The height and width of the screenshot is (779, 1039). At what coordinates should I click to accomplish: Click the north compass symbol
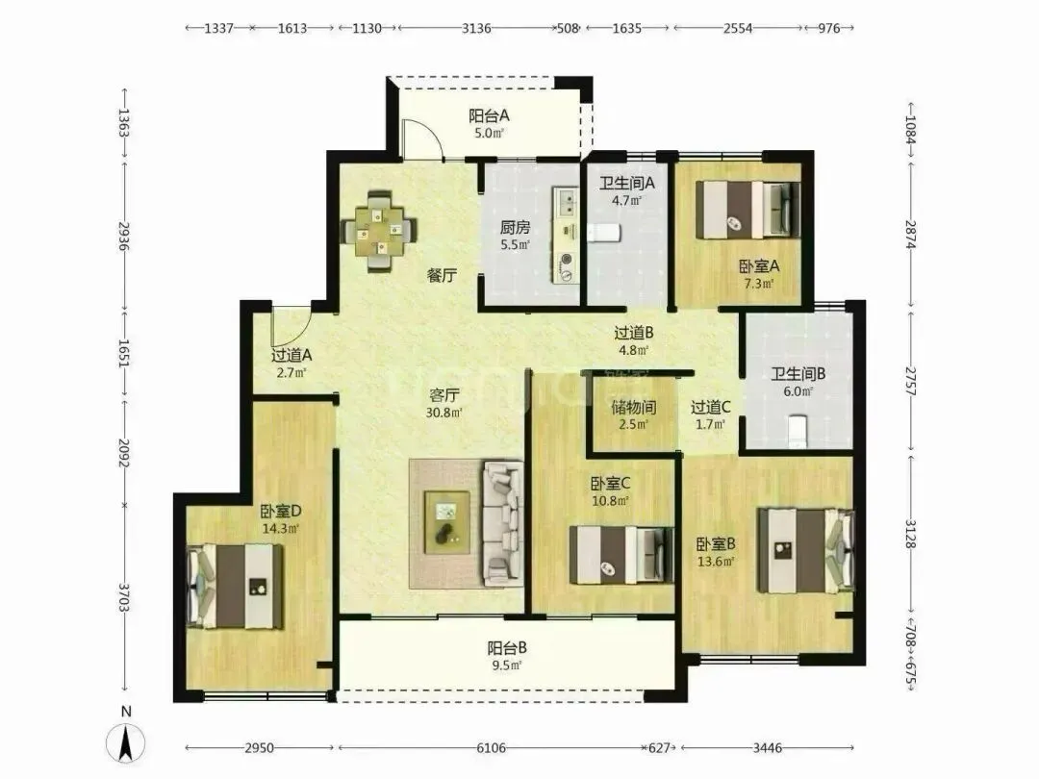click(x=125, y=741)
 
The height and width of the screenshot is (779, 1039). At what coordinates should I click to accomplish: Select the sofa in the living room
click(x=503, y=524)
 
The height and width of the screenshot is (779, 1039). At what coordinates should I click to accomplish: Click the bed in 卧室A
click(x=748, y=210)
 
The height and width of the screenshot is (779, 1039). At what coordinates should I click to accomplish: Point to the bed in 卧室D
click(x=236, y=587)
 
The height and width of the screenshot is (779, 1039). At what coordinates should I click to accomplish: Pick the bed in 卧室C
click(x=621, y=555)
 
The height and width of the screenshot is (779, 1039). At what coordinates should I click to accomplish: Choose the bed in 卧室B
click(x=806, y=550)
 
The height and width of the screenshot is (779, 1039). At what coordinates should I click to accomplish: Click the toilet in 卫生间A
click(x=603, y=232)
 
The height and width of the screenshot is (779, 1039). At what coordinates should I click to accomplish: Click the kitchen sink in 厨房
click(x=567, y=201)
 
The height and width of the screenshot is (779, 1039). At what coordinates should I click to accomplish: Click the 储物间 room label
click(x=633, y=407)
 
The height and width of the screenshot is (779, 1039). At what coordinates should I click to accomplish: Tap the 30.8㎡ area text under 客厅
click(x=443, y=412)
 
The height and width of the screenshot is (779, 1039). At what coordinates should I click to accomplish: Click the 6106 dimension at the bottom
click(x=491, y=748)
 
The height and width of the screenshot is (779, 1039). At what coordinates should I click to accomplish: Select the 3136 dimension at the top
click(x=476, y=28)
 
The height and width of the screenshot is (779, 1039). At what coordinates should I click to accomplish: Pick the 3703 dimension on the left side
click(x=124, y=597)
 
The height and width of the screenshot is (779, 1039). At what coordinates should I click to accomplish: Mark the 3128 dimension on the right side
click(x=910, y=533)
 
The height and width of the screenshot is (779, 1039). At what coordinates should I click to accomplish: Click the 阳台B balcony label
click(x=507, y=648)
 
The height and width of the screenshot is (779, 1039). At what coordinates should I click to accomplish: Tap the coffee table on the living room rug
click(x=447, y=522)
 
